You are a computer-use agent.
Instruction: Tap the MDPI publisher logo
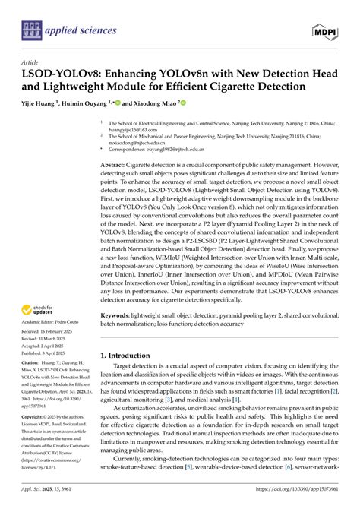[324, 30]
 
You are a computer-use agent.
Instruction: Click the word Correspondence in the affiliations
[134, 151]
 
